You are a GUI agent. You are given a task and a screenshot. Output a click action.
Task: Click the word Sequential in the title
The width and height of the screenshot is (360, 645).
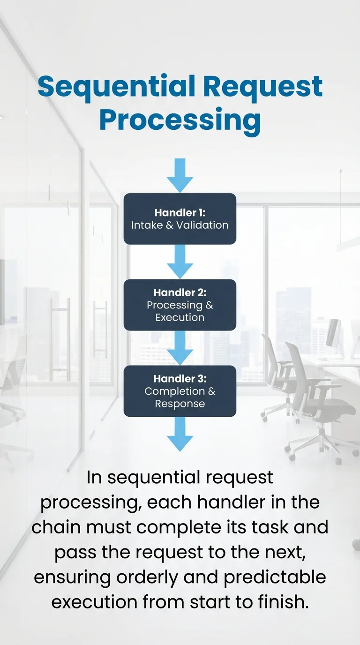coord(116,87)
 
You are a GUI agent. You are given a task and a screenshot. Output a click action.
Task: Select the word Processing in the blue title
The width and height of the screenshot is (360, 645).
coord(180,120)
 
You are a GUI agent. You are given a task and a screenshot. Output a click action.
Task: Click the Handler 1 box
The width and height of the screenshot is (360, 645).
coord(180,218)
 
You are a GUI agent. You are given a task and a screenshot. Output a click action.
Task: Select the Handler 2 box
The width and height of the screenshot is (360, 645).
coord(180,305)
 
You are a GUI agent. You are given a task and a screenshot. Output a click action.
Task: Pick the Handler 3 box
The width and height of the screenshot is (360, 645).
coord(180,391)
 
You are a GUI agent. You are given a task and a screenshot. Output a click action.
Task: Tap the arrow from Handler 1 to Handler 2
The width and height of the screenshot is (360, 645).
coord(180,261)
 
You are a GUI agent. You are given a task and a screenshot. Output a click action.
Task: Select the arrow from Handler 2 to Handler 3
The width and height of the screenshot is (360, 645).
coord(180,347)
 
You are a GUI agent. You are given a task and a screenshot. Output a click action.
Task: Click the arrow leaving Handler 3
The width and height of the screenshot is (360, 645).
coord(180,434)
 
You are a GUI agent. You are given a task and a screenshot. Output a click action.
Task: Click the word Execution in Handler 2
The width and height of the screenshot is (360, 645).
coord(180,317)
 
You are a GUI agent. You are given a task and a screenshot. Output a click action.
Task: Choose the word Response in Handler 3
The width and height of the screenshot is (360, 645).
coord(180,404)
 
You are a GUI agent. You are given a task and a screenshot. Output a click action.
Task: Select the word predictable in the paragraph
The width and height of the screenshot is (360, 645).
coord(274,576)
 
